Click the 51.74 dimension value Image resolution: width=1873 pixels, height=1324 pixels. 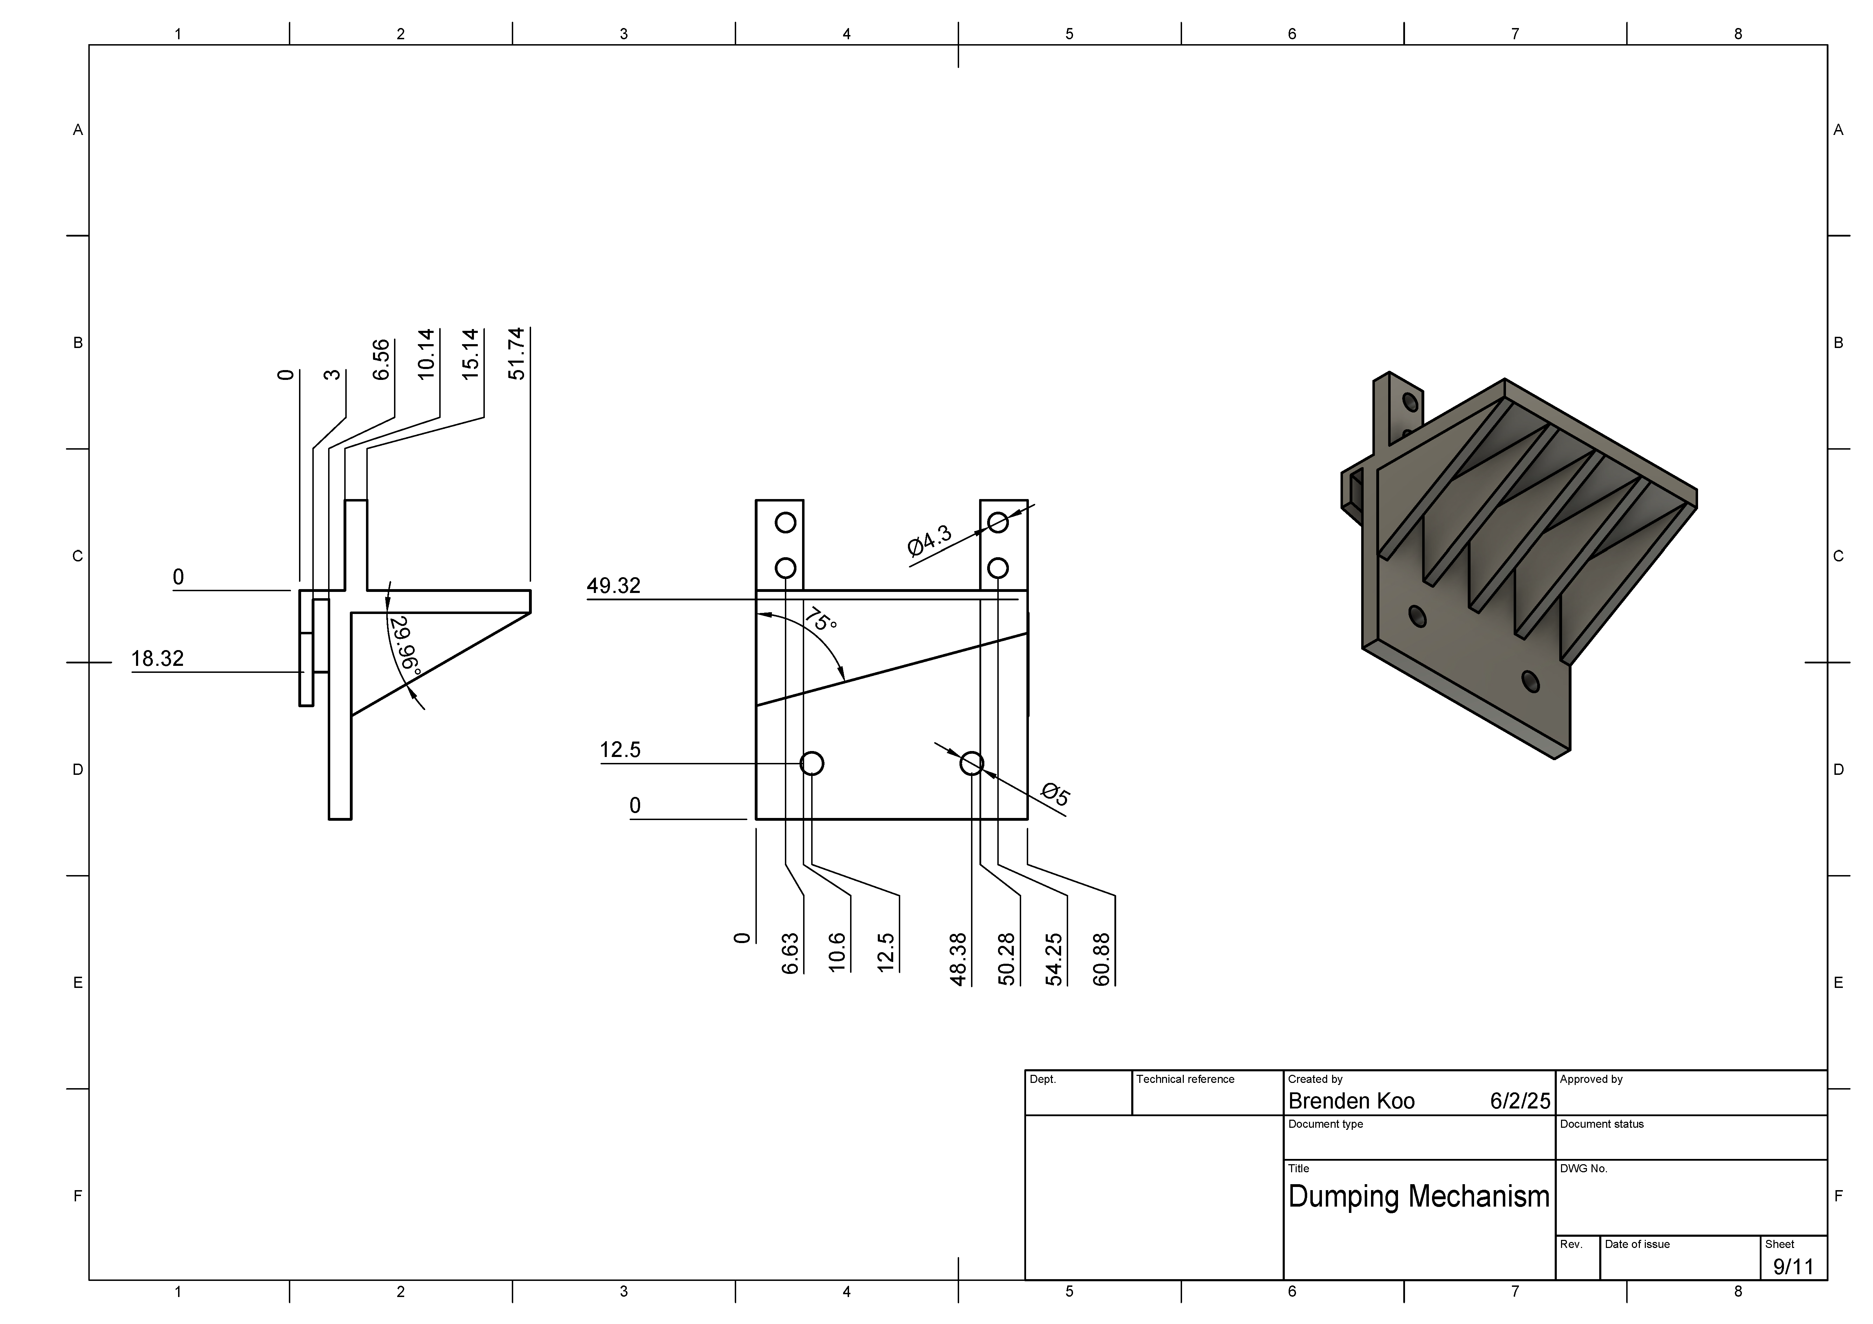click(x=516, y=354)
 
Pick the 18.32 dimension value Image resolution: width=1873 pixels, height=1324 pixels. click(x=157, y=658)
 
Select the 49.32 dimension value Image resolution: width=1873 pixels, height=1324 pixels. click(x=613, y=586)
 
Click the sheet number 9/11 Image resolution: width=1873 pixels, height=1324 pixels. click(x=1793, y=1267)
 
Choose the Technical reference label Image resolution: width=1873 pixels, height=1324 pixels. click(x=1185, y=1079)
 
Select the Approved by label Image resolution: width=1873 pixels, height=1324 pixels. click(x=1591, y=1079)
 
